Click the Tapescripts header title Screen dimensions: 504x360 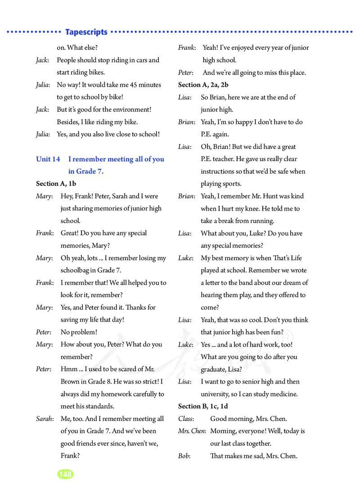(x=86, y=32)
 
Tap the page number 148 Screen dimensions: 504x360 (x=65, y=474)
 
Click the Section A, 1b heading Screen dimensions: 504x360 (x=56, y=184)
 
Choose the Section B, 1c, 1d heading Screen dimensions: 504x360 (x=203, y=406)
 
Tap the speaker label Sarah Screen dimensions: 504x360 (x=44, y=418)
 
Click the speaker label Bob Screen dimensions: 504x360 (x=183, y=456)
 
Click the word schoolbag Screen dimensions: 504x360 (x=77, y=270)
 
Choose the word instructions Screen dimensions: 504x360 (x=220, y=171)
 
